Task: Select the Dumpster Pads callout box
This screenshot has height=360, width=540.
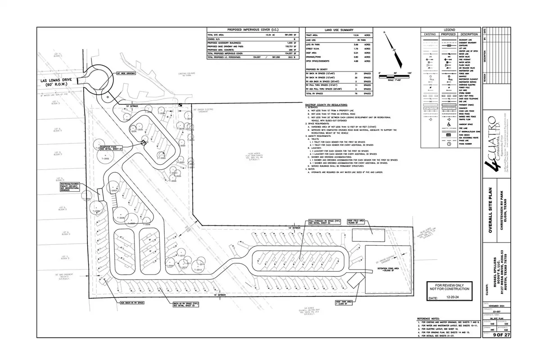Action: click(111, 148)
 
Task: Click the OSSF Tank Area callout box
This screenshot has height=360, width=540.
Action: click(346, 303)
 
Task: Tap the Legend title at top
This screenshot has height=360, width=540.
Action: click(449, 29)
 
